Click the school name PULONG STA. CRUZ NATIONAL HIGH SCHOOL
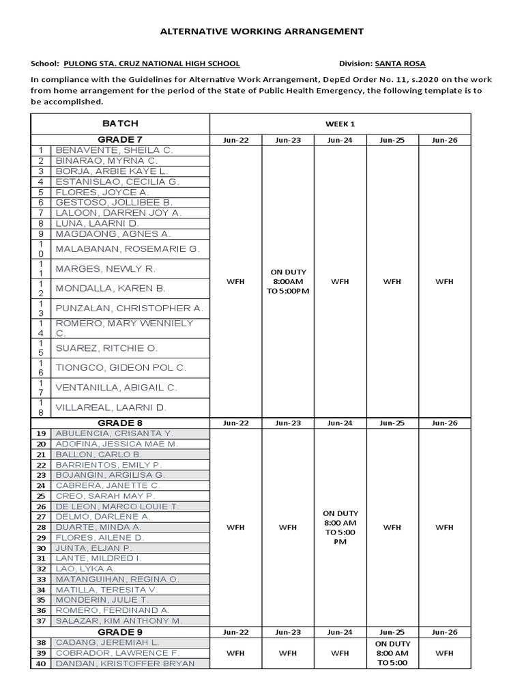click(x=151, y=63)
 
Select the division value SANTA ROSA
click(x=400, y=63)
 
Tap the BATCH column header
click(x=120, y=124)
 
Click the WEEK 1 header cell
click(x=340, y=124)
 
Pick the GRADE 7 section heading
click(x=120, y=139)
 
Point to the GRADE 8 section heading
click(x=120, y=423)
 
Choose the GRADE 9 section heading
click(x=120, y=632)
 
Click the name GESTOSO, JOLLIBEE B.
click(x=114, y=203)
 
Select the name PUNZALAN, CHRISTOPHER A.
click(x=129, y=308)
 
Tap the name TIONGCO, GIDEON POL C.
click(x=121, y=368)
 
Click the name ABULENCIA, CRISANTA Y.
click(x=115, y=433)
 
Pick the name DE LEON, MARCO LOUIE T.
click(x=117, y=507)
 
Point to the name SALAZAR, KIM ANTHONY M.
click(x=119, y=620)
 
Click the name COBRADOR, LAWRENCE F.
click(x=117, y=653)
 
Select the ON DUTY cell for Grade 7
click(x=288, y=281)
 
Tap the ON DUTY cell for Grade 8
click(x=340, y=527)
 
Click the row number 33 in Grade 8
click(x=41, y=579)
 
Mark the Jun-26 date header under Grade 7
click(x=444, y=140)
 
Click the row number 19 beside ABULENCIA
click(x=41, y=433)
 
